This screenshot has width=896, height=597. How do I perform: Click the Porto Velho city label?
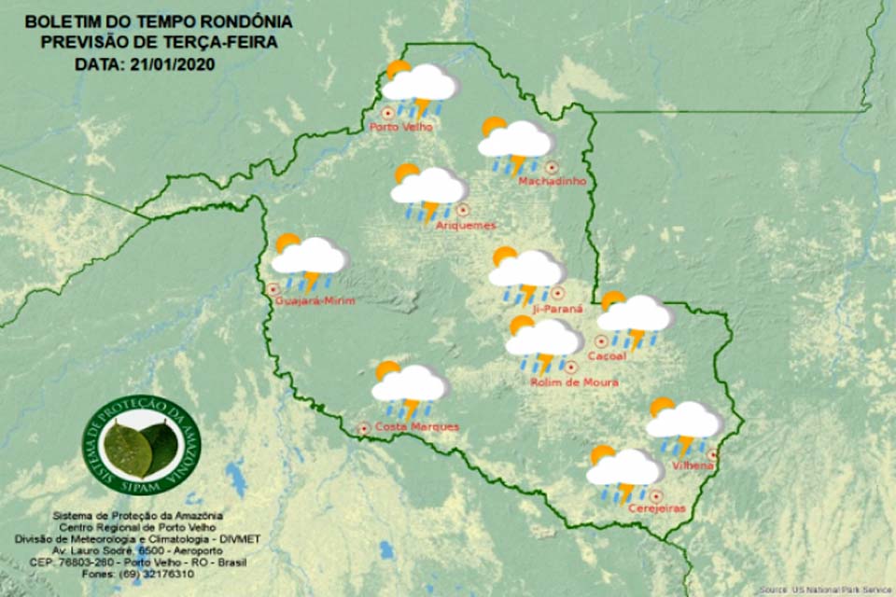coord(401,127)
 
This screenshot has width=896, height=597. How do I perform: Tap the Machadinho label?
coord(553,181)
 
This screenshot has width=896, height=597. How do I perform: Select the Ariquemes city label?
coord(466,225)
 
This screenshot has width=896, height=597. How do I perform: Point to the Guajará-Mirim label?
coord(317,299)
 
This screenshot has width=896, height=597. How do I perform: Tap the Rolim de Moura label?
coord(574,382)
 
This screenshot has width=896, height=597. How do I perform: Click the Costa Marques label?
coord(403,427)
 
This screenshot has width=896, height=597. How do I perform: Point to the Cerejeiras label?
coord(657,508)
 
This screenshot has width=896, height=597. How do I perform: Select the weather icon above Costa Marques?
coord(409,388)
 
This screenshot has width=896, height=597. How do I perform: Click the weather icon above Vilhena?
coord(684,424)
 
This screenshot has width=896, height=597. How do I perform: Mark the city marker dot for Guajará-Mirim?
coord(273,289)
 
